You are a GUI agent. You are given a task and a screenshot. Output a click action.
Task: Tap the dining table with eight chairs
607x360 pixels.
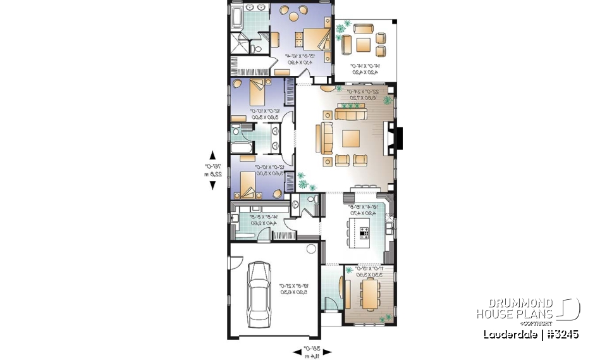pyautogui.click(x=368, y=290)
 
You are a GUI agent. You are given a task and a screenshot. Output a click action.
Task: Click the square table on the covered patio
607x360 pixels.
pyautogui.click(x=362, y=44)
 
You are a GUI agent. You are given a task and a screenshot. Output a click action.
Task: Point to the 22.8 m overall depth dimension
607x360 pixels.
pyautogui.click(x=212, y=175)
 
